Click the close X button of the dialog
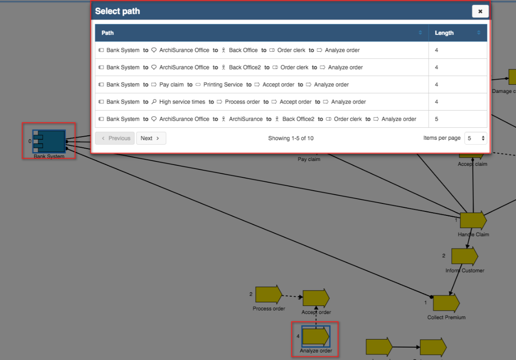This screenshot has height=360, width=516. pyautogui.click(x=480, y=11)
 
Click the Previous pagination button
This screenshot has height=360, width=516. pyautogui.click(x=115, y=138)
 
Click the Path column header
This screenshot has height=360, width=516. pyautogui.click(x=107, y=33)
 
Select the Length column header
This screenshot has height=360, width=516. pyautogui.click(x=444, y=33)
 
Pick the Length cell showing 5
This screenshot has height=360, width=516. pyautogui.click(x=437, y=119)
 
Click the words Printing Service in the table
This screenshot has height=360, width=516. pyautogui.click(x=223, y=84)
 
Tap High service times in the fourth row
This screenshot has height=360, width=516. pyautogui.click(x=182, y=102)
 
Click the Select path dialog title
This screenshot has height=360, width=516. pyautogui.click(x=118, y=11)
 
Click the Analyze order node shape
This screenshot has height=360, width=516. pyautogui.click(x=316, y=337)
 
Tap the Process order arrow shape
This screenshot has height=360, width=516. pyautogui.click(x=268, y=295)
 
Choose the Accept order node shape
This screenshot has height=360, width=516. pyautogui.click(x=316, y=298)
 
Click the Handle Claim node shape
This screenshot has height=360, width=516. pyautogui.click(x=473, y=221)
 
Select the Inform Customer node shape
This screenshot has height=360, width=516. pyautogui.click(x=464, y=257)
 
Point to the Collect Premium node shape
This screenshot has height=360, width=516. pyautogui.click(x=446, y=303)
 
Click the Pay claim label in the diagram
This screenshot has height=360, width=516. pyautogui.click(x=309, y=159)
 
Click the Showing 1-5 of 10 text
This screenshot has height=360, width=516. pyautogui.click(x=290, y=138)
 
